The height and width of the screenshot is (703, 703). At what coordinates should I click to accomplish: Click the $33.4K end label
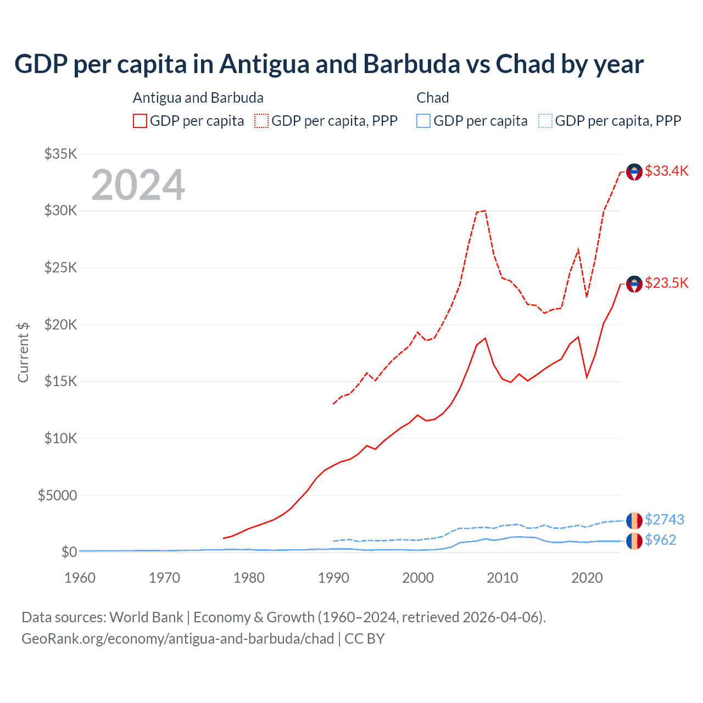click(666, 171)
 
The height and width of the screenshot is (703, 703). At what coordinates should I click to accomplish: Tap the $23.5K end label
click(666, 283)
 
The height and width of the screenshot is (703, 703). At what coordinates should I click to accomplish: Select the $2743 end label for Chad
click(665, 520)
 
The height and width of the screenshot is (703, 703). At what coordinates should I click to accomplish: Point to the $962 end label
click(660, 540)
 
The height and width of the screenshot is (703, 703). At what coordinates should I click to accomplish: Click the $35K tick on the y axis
click(60, 154)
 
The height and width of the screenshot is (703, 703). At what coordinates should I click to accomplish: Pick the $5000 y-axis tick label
click(57, 495)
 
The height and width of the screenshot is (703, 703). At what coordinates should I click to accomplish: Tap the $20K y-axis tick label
click(60, 325)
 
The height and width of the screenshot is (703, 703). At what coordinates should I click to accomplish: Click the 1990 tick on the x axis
click(333, 578)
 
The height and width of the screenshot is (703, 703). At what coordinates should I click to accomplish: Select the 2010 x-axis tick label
click(503, 578)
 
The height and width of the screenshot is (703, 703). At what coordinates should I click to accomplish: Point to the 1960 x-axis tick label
click(80, 578)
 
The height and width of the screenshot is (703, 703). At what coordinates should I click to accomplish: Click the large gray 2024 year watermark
click(138, 185)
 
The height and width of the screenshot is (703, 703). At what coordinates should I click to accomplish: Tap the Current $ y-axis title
click(23, 352)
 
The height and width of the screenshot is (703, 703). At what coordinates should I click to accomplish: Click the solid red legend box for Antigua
click(140, 121)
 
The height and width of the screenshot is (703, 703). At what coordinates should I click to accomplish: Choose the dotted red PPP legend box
click(261, 121)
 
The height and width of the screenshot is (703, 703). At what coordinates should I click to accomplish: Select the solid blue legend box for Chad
click(423, 121)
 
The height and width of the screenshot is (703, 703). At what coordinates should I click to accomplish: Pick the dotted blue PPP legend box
click(545, 121)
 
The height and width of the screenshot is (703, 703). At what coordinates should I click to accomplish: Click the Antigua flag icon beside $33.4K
click(634, 172)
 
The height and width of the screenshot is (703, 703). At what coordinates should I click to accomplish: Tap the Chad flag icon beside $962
click(634, 541)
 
